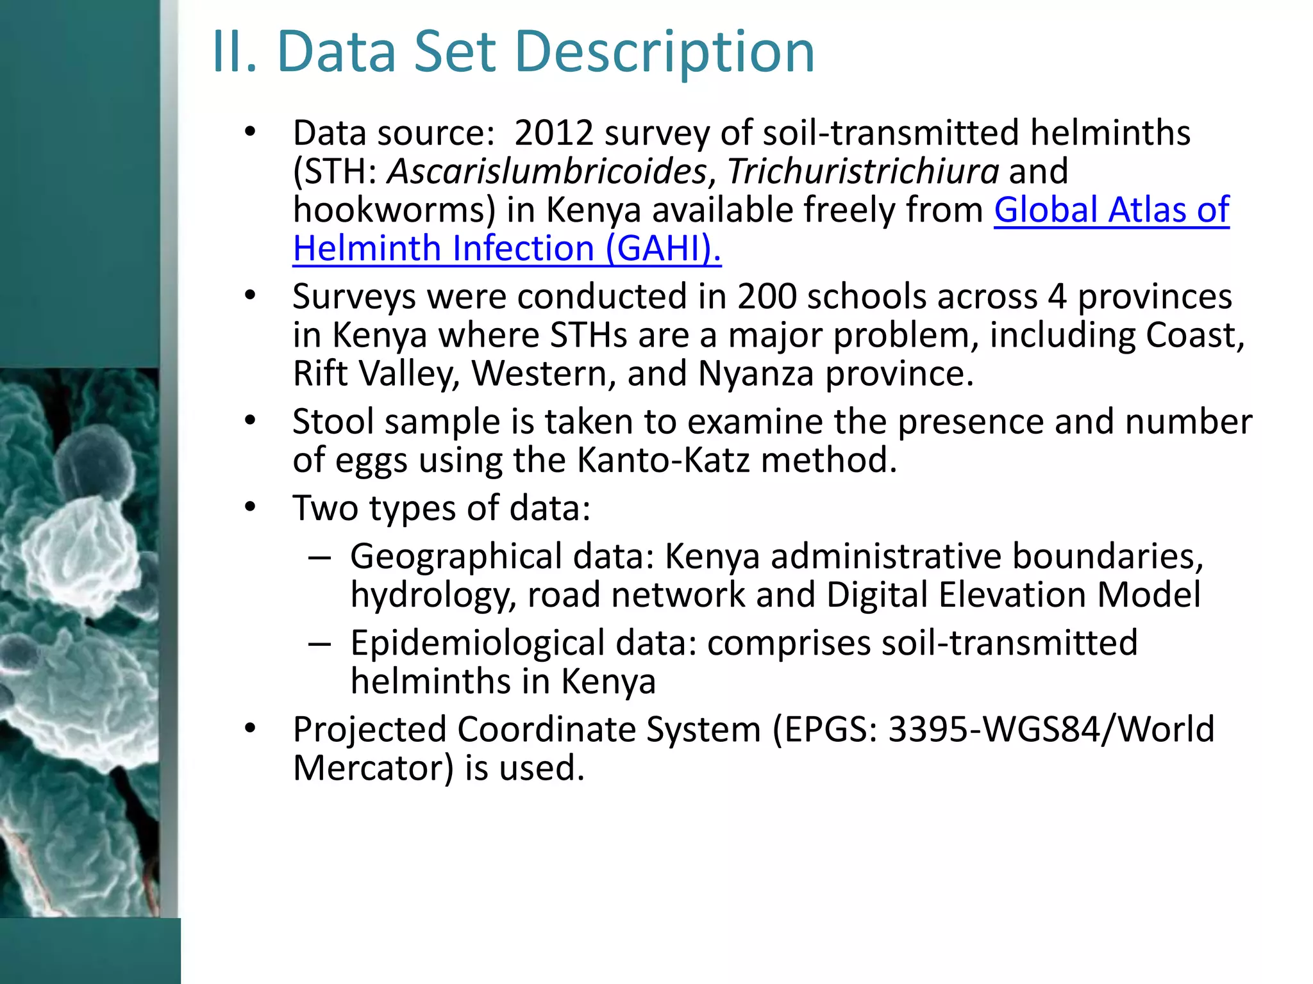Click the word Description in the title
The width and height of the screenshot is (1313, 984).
[x=664, y=53]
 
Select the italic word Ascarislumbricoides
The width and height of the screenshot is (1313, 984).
[x=547, y=172]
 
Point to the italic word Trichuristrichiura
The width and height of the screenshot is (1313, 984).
[x=863, y=172]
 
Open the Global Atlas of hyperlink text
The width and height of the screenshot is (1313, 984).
[x=1111, y=210]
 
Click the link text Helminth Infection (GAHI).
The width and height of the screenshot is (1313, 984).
[x=506, y=249]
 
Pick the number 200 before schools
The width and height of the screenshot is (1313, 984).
[x=767, y=297]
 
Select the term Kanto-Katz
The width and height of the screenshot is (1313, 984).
[x=664, y=461]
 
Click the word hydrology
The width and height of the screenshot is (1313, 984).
[x=433, y=595]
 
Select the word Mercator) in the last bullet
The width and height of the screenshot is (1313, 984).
[x=373, y=768]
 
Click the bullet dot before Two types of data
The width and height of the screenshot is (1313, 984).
[x=250, y=508]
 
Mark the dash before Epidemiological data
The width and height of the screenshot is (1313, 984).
[x=319, y=644]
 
